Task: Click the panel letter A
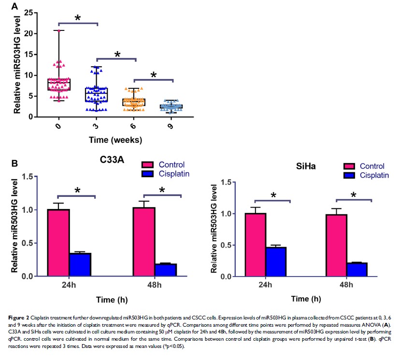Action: point(14,7)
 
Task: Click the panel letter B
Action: point(14,164)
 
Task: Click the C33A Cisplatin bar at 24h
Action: point(80,264)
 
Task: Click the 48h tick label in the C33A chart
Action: point(155,284)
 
